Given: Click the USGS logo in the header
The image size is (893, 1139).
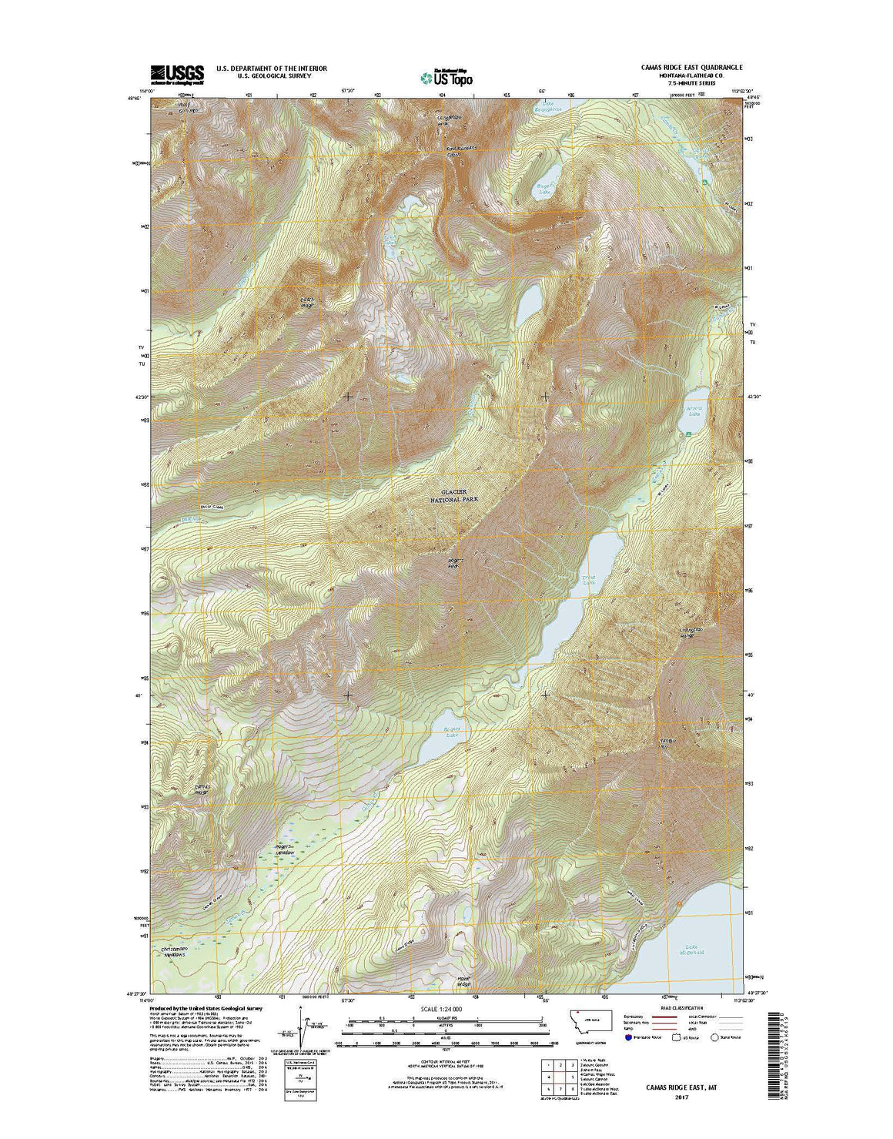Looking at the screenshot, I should [177, 73].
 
